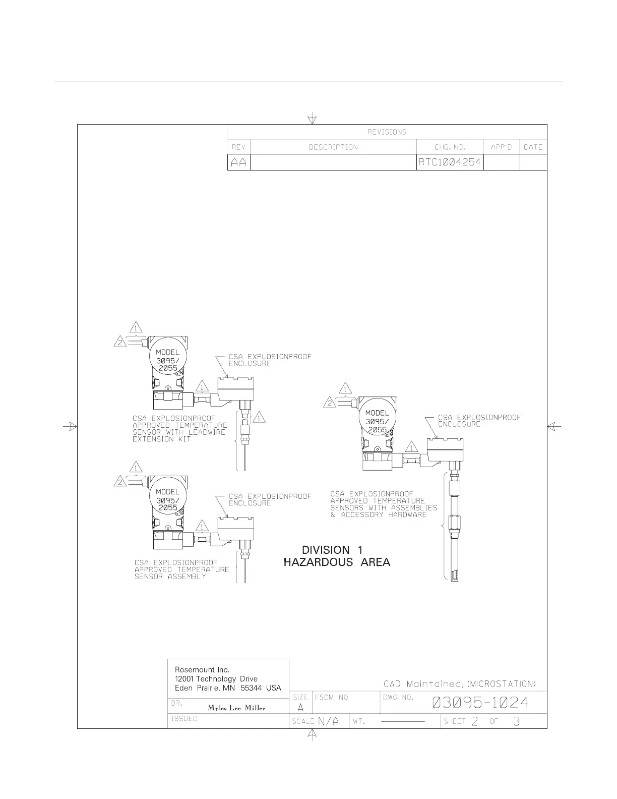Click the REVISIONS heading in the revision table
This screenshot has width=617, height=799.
pos(387,132)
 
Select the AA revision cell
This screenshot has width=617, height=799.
pos(238,163)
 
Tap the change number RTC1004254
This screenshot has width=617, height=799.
pos(450,162)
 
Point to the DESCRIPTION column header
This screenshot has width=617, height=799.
pos(333,147)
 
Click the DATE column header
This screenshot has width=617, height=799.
pos(533,147)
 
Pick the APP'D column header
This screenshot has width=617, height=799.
pos(501,147)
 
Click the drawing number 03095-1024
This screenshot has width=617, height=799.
pos(480,702)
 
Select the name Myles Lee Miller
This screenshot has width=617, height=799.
pos(236,708)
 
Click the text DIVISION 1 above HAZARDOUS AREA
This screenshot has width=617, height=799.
pos(332,550)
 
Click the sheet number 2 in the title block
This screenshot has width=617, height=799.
pos(475,721)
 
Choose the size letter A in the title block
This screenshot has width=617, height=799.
pos(300,708)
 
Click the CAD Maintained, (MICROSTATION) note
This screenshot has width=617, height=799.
pos(459,684)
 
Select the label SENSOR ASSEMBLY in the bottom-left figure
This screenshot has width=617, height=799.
pos(170,577)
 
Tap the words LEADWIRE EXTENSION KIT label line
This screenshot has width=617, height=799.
pos(161,439)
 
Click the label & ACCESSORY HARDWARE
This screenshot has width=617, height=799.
pos(379,515)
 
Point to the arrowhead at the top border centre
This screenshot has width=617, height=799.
pos(313,120)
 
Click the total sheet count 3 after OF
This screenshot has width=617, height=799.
pos(516,721)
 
